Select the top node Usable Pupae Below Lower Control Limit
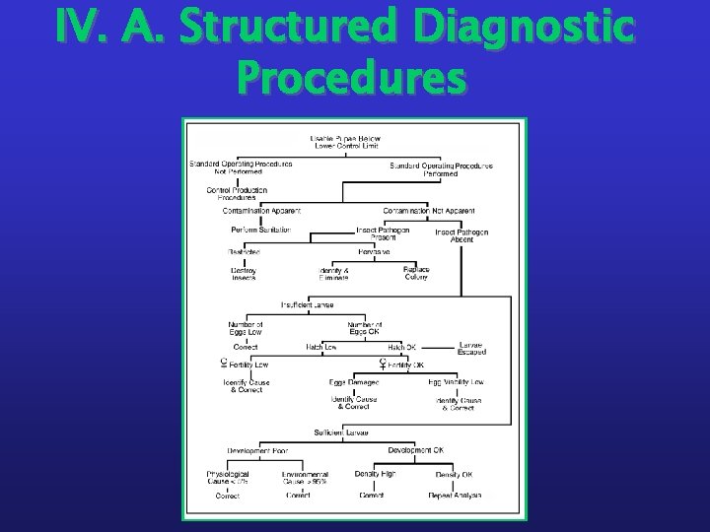point(345,141)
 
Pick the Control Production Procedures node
point(237,192)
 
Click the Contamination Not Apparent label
point(428,210)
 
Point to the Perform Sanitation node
point(260,230)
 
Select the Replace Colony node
point(416,273)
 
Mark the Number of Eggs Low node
point(245,328)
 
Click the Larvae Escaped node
point(471,349)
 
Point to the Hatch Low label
point(321,347)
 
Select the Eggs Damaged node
point(353,381)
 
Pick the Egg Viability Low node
point(456,381)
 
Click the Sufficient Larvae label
point(341,432)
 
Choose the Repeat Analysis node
point(455,496)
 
